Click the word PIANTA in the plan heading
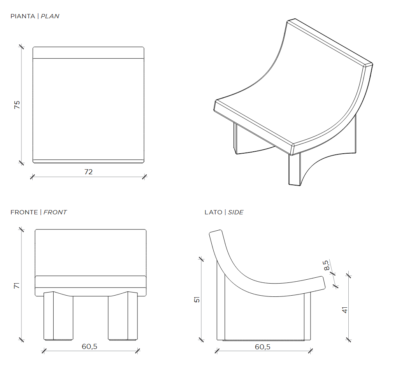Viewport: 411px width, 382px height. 23,16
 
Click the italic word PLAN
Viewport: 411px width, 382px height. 50,16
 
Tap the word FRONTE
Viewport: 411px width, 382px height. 24,212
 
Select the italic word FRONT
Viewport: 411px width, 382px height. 55,212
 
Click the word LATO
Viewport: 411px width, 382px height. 213,212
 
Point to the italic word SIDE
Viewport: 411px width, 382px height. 235,212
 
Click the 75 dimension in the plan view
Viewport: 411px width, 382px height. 17,105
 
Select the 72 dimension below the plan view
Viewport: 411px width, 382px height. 89,172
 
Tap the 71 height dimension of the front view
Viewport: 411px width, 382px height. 16,286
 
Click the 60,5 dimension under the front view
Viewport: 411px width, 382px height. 90,346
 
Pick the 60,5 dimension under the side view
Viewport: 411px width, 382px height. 263,347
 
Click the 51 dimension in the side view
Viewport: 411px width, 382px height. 197,300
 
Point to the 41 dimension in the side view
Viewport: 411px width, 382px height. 345,310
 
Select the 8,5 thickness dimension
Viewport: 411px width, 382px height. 326,265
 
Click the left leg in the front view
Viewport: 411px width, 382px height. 58,316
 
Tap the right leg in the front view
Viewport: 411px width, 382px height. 123,316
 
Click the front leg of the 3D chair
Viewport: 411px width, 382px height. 295,170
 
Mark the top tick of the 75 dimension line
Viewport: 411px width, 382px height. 21,47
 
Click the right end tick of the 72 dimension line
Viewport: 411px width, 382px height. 144,177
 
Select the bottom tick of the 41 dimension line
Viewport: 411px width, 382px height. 348,340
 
